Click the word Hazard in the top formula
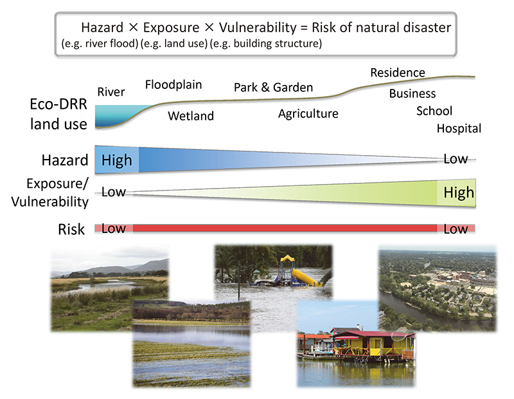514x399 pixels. [102, 28]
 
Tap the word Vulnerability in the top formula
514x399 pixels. [258, 28]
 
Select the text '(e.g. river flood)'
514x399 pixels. [100, 44]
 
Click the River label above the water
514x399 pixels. [111, 92]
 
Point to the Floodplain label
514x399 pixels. [173, 85]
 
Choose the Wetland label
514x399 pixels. [191, 116]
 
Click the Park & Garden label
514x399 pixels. [274, 88]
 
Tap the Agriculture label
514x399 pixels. [308, 114]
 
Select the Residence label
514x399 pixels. [398, 73]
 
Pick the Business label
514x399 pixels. [412, 93]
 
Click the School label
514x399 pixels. [434, 111]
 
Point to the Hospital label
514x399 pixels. [459, 129]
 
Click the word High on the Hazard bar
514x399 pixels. [117, 161]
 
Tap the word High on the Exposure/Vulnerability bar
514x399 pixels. [459, 192]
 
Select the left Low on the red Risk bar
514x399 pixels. [114, 228]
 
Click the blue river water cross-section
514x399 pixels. [120, 116]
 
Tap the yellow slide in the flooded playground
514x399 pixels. [305, 277]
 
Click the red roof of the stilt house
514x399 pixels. [374, 334]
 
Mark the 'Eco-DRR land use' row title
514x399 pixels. [58, 114]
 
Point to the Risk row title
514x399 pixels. [71, 229]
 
